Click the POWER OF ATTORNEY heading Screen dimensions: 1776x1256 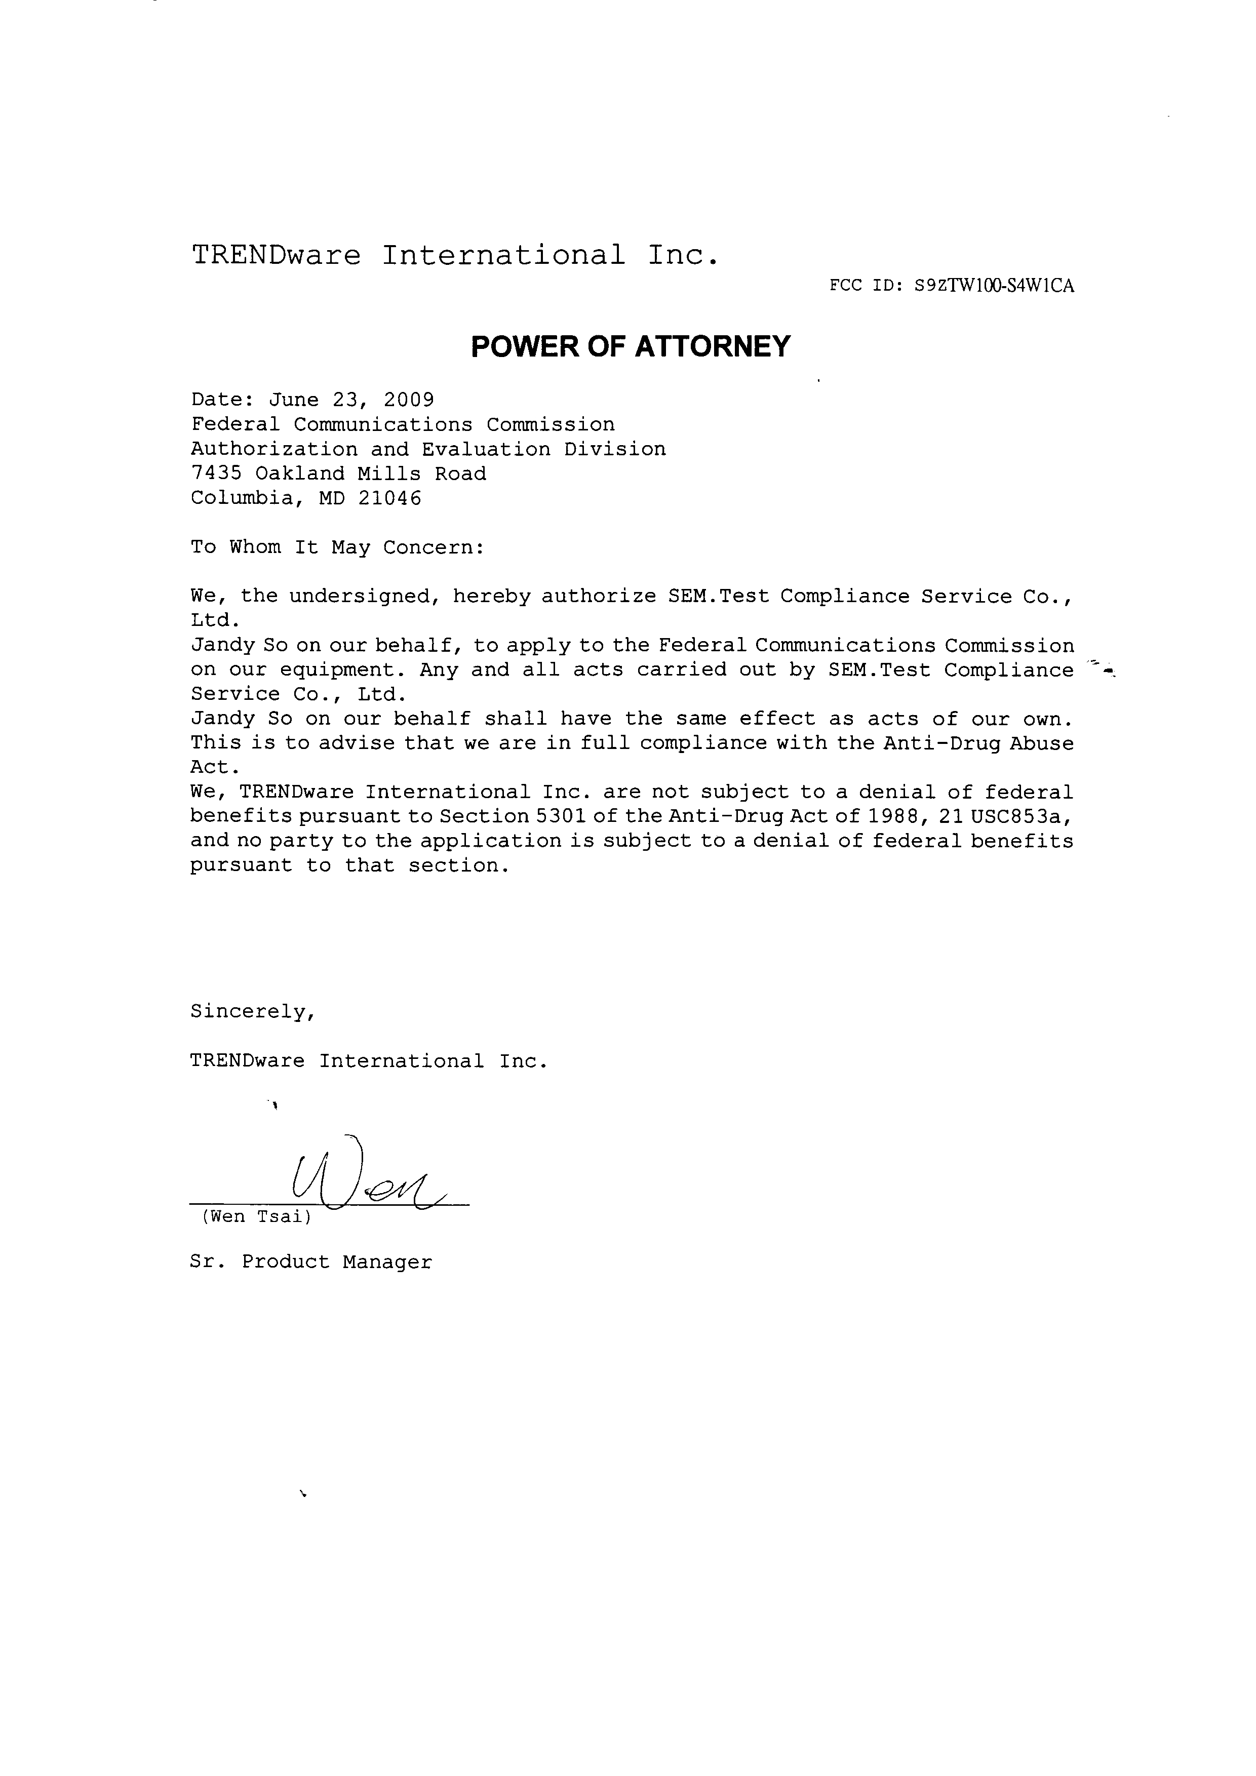[631, 346]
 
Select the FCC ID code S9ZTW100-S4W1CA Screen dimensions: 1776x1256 [994, 286]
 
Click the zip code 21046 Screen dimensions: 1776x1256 [390, 499]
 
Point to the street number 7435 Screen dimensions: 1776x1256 [217, 474]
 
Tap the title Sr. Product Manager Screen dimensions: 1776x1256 [311, 1261]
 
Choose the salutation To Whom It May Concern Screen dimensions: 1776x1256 [337, 547]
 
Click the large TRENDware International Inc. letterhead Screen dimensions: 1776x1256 [455, 255]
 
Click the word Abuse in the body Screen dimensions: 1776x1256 [1042, 743]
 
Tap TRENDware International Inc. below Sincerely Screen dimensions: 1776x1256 [369, 1061]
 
